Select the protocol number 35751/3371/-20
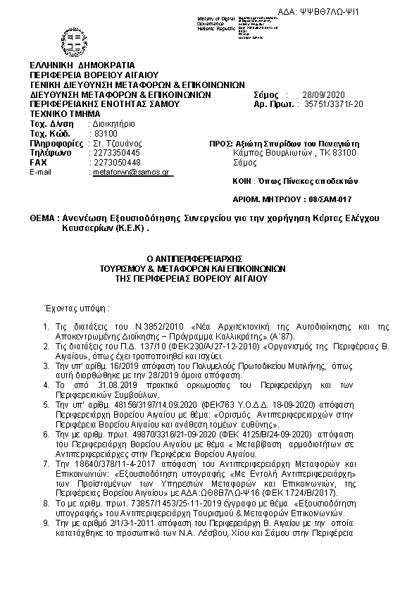[333, 104]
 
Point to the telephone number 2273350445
[116, 152]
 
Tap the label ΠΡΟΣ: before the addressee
[222, 142]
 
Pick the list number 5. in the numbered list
[45, 406]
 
